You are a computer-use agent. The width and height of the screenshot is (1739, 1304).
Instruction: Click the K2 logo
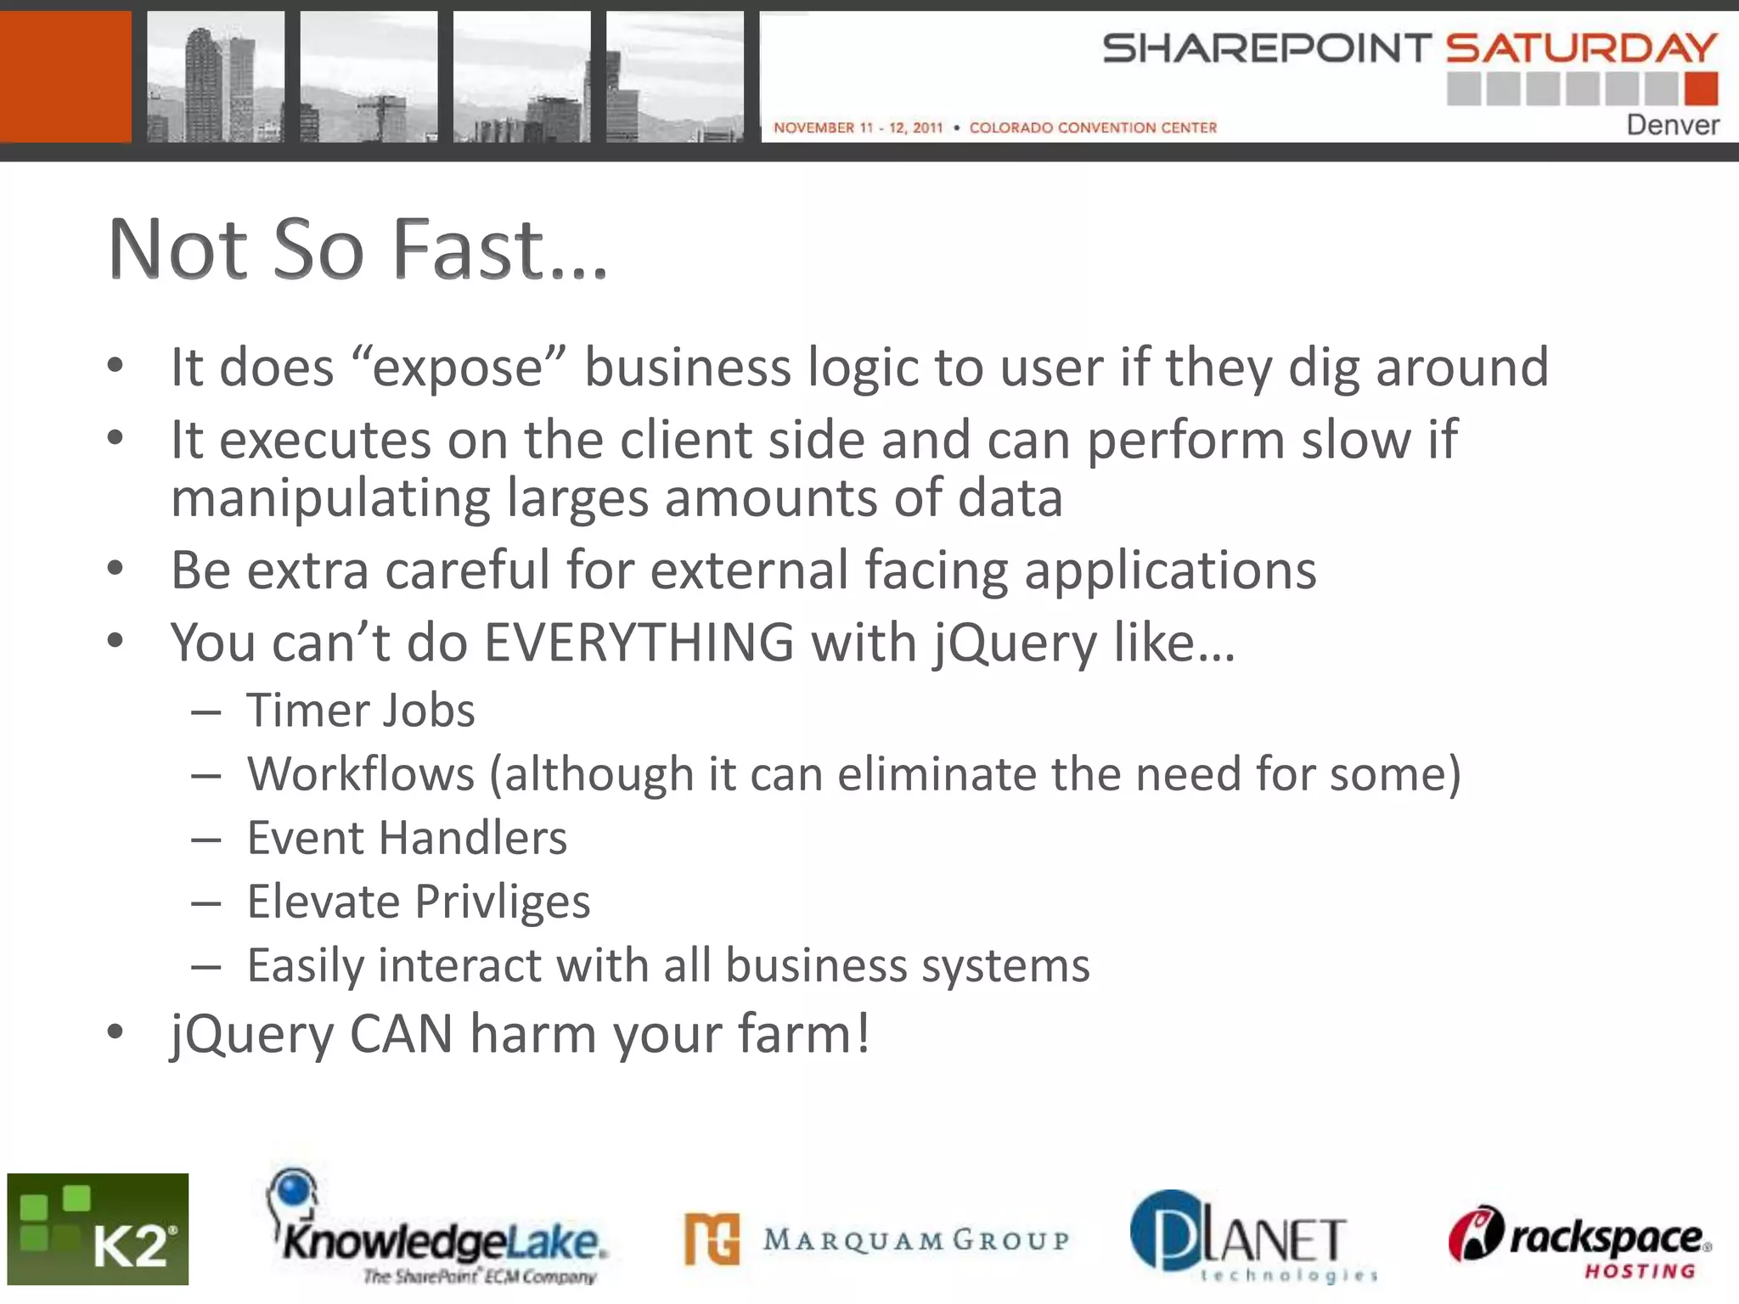point(98,1228)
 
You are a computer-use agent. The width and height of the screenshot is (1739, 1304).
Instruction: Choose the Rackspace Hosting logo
point(1579,1239)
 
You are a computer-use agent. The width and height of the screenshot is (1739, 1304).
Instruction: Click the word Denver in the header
point(1672,126)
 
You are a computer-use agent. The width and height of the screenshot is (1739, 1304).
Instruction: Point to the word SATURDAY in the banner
point(1581,48)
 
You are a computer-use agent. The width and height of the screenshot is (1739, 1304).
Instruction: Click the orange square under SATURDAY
point(1701,88)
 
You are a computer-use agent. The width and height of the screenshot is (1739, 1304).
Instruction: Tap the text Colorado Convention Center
point(1093,127)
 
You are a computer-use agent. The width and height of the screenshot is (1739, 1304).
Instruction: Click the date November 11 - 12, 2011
point(858,127)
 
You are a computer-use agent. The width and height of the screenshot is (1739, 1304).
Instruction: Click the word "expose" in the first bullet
point(459,368)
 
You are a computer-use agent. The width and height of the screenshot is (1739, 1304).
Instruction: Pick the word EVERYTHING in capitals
point(639,643)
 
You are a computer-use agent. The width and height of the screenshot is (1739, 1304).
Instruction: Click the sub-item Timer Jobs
point(361,711)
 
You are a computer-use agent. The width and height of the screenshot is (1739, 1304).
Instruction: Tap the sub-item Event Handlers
point(407,838)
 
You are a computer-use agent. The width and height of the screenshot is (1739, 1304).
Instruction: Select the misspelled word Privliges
point(503,902)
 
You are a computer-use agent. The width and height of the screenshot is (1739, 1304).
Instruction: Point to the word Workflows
point(361,774)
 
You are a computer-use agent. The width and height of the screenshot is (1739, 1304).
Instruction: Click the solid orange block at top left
point(65,76)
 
